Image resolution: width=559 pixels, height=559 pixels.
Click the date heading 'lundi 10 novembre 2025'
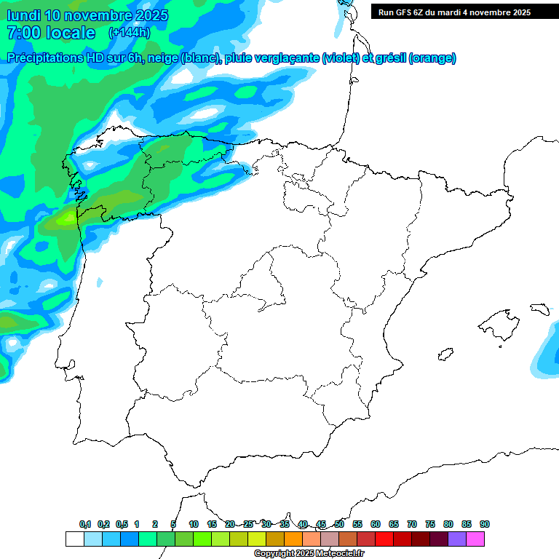coord(87,15)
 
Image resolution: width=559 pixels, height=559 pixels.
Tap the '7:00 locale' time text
coord(51,33)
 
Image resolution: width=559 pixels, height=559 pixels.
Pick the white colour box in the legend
coord(74,539)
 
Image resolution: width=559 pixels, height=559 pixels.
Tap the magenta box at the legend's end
coord(475,539)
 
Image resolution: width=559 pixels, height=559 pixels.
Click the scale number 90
coord(485,524)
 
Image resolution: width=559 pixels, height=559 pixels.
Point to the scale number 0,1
coord(85,524)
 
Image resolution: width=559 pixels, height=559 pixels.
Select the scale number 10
coord(194,524)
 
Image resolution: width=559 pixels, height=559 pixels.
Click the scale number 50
coord(339,524)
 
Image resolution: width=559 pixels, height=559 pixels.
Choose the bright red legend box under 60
coord(384,539)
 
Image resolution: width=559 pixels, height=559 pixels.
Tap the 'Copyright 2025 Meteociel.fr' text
coord(309,554)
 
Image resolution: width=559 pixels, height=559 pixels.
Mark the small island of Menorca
coord(539,308)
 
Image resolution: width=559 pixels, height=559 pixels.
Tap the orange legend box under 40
coord(293,539)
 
